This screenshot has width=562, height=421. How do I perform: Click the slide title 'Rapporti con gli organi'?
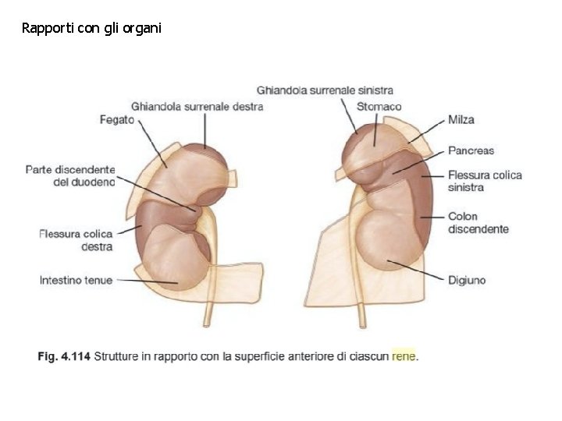[92, 29]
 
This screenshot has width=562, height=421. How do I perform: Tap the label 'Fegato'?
[117, 120]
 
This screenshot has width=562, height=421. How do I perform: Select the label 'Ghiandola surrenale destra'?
[197, 107]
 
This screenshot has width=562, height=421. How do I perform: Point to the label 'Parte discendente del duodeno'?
[70, 175]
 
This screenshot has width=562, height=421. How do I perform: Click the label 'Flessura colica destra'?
[76, 240]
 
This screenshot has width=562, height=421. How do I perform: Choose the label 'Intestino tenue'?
[76, 280]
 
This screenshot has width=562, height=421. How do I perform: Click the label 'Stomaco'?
[379, 106]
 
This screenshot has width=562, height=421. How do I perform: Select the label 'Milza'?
[461, 120]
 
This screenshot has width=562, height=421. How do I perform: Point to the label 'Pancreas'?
[471, 150]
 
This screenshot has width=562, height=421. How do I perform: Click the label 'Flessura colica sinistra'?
[485, 181]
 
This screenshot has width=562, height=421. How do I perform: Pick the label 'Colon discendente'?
[478, 222]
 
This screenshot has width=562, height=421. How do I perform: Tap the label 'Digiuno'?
[466, 280]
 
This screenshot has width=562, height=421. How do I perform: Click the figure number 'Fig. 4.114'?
[63, 357]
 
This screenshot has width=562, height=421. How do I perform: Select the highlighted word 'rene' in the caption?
[404, 357]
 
